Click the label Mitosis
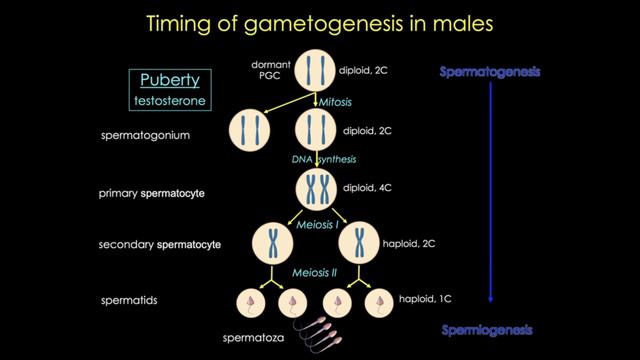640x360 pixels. [335, 102]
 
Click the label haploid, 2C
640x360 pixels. [411, 243]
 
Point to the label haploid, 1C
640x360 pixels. [425, 298]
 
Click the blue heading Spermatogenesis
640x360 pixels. [490, 73]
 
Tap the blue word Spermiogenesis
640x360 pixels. [490, 329]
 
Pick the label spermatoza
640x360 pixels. [251, 339]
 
